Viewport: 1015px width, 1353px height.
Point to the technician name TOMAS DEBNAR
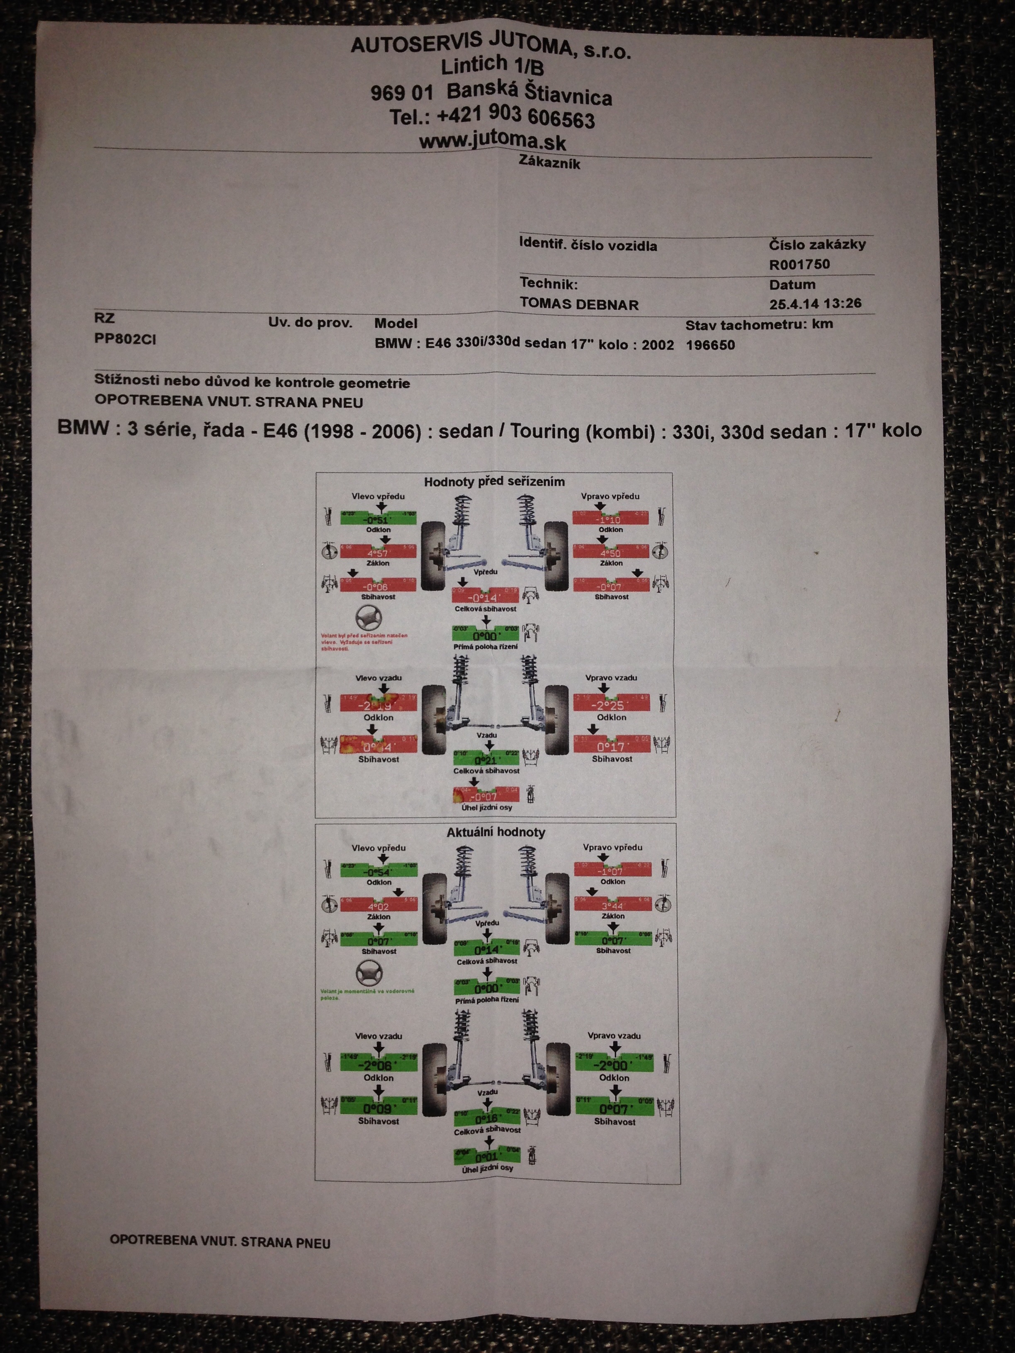(579, 304)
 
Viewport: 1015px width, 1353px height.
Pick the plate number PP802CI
(125, 339)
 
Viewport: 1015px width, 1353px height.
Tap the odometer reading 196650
(710, 344)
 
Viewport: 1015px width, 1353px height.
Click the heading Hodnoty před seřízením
(494, 481)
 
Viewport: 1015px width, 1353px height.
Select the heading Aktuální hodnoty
(495, 832)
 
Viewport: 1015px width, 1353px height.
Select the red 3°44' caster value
(612, 905)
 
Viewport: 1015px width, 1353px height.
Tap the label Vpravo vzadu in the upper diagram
(611, 678)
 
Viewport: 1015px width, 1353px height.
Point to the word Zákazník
(549, 163)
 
